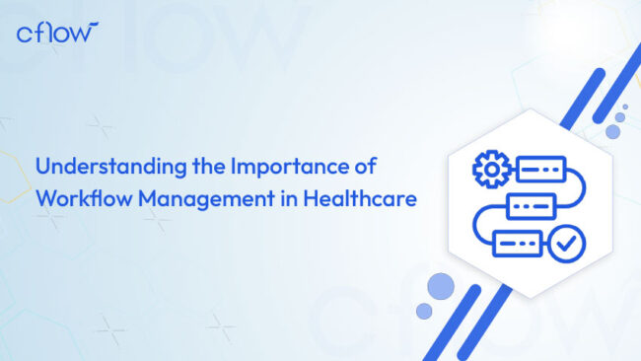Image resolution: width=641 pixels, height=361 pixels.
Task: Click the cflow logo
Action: coord(57,32)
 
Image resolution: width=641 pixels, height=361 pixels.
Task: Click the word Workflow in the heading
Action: coord(83,197)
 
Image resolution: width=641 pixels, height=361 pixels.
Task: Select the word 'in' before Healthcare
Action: coord(272,197)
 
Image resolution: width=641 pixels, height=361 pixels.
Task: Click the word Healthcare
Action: coord(353,197)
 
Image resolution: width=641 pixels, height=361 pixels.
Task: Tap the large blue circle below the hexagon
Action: coord(441,287)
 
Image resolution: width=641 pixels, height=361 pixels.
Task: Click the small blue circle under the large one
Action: coord(424,311)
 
